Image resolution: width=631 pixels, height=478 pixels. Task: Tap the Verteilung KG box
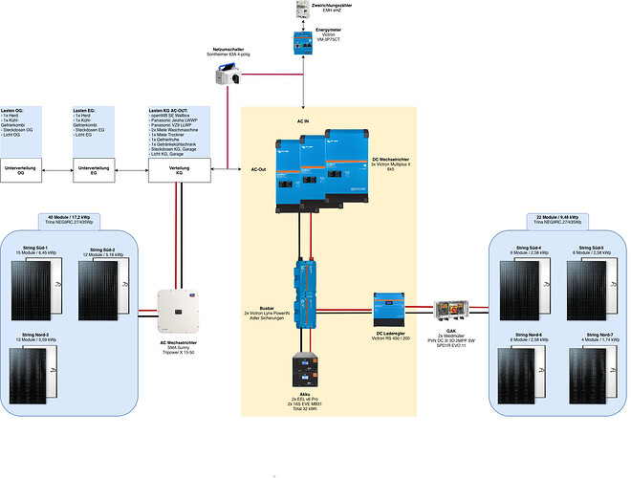(177, 171)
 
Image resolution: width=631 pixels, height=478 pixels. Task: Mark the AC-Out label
(259, 168)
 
